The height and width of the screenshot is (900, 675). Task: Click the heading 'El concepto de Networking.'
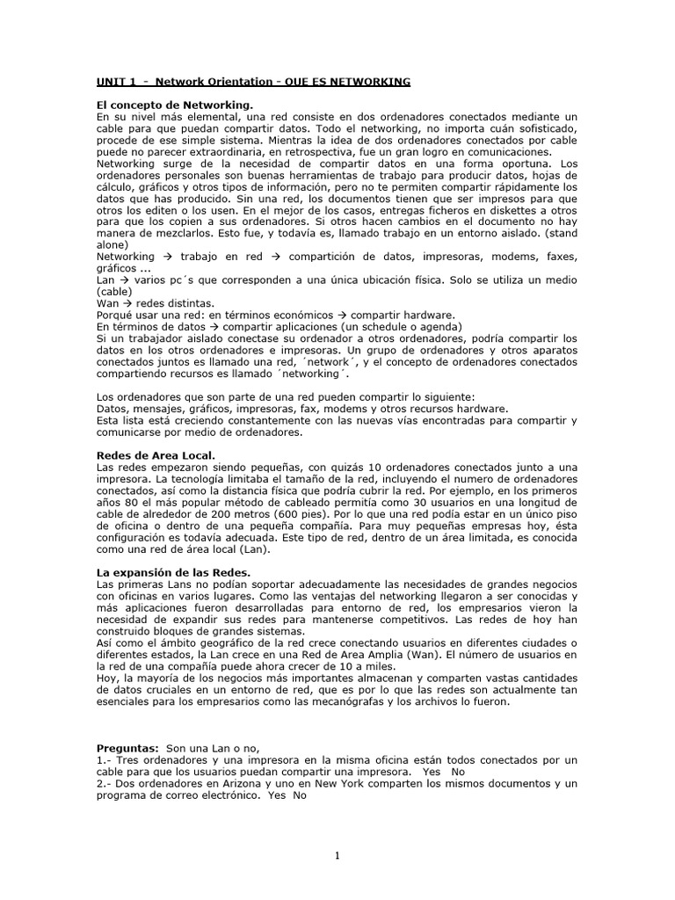(167, 105)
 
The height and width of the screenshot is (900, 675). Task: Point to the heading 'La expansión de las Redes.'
(173, 572)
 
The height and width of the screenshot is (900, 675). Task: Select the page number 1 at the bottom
(337, 855)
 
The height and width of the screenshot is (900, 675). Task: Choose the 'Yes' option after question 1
(431, 771)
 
